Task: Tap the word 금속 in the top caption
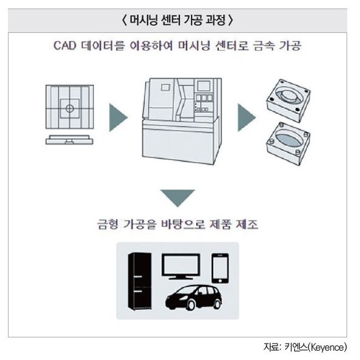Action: tap(262, 46)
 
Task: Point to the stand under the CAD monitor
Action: tap(70, 140)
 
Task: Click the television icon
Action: tap(181, 267)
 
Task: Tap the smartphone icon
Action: tap(220, 266)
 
